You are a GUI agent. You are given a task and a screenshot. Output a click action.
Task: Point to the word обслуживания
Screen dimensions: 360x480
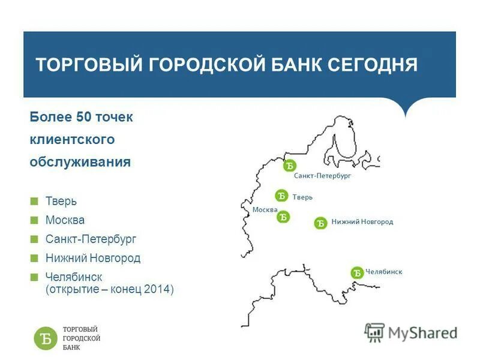click(80, 162)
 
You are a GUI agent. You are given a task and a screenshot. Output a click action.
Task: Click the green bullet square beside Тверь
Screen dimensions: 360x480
click(34, 202)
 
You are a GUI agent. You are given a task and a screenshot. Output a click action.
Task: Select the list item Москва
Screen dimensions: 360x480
click(65, 220)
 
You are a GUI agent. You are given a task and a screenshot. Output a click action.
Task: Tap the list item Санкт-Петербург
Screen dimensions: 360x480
click(91, 239)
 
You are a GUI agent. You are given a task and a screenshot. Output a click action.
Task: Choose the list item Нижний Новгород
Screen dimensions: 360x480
click(92, 259)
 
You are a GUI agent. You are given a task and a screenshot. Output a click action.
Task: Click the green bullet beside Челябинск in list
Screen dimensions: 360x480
click(34, 277)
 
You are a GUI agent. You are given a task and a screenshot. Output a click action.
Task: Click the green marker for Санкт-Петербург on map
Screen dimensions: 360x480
click(290, 166)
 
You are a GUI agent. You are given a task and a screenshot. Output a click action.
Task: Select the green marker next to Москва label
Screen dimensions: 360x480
click(283, 217)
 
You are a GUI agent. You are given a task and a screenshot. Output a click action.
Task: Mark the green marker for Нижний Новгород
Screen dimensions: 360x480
click(320, 223)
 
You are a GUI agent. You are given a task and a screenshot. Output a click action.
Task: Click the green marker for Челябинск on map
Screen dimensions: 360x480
click(357, 273)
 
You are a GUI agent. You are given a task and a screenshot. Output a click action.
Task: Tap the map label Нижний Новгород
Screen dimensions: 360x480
click(362, 222)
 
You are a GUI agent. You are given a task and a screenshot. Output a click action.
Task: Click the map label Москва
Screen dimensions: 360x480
click(265, 209)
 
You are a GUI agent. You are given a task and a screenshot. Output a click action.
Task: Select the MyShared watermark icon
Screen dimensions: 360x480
click(374, 332)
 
